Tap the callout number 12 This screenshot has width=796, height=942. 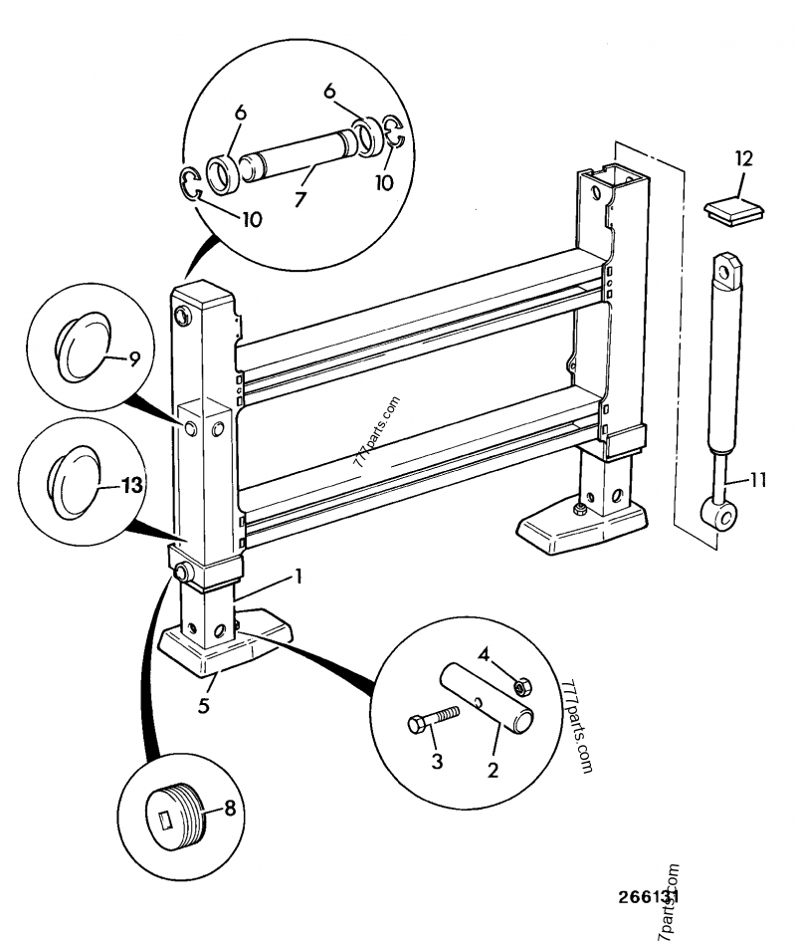click(x=743, y=157)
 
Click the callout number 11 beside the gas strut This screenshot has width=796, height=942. click(x=758, y=480)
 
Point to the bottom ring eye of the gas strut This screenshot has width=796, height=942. click(x=721, y=513)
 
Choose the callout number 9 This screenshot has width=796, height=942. click(x=134, y=357)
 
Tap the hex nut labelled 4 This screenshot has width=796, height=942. click(x=518, y=686)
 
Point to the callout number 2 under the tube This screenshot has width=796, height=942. click(x=493, y=769)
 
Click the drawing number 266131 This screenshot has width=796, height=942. click(x=647, y=897)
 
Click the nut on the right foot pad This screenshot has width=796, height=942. click(x=578, y=511)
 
